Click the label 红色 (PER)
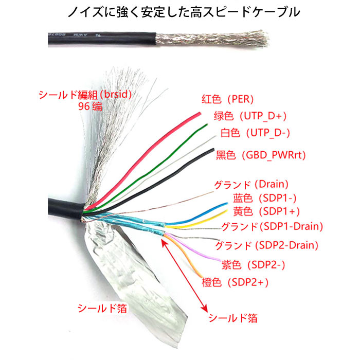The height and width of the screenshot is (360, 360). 227,99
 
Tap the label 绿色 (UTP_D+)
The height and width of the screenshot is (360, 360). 250,116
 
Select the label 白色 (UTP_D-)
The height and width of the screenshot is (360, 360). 255,133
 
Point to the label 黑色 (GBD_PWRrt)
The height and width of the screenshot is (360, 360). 261,155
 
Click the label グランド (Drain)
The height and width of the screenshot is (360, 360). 251,184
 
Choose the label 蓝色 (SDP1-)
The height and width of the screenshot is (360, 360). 265,198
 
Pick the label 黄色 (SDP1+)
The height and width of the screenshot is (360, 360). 266,211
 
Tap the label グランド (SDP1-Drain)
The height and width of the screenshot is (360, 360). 272,226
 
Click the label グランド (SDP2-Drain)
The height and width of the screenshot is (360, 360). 267,245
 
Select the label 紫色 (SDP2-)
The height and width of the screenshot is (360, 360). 253,265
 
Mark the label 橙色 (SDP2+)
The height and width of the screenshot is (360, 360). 235,282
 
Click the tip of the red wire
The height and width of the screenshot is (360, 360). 200,113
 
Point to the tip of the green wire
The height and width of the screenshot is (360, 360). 207,124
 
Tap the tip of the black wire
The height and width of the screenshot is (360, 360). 213,150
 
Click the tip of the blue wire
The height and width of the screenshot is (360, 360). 227,203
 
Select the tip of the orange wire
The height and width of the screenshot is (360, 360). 202,277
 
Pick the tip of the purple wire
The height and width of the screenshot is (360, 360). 220,260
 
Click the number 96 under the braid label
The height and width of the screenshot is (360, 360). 84,106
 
